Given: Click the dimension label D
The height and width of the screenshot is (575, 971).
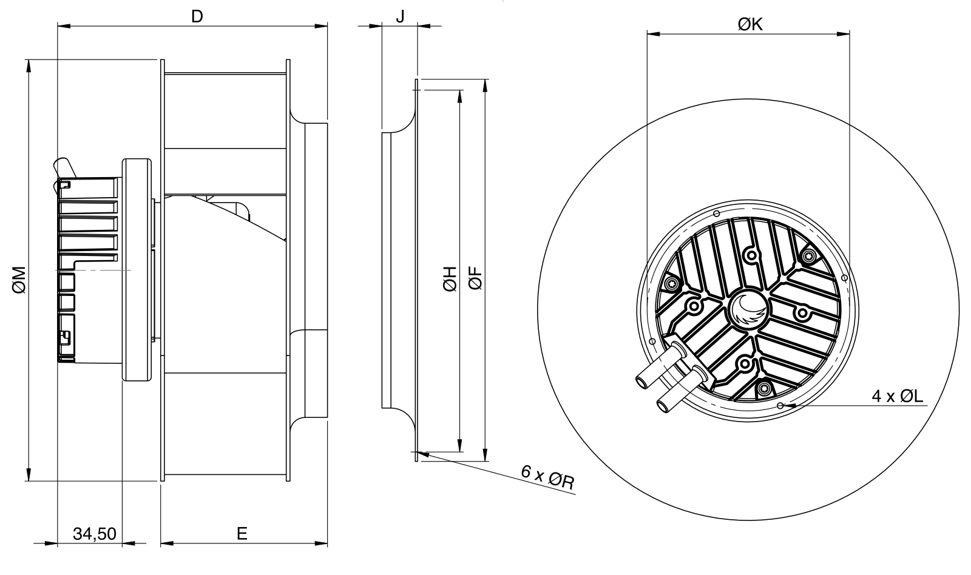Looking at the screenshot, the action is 197,16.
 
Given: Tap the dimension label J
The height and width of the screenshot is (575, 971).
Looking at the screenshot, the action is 401,16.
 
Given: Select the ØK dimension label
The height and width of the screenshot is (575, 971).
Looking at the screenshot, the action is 750,24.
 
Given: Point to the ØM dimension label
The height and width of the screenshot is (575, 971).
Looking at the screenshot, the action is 19,280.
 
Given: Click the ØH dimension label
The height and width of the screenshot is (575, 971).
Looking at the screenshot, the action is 450,278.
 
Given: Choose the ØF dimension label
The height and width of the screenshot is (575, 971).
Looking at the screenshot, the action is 476,278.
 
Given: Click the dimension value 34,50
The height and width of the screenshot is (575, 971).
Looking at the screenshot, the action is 95,534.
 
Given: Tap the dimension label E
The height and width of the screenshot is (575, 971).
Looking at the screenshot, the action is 242,533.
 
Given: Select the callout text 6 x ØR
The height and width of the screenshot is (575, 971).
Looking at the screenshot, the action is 548,477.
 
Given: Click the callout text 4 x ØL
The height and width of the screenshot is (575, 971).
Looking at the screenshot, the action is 898,395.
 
